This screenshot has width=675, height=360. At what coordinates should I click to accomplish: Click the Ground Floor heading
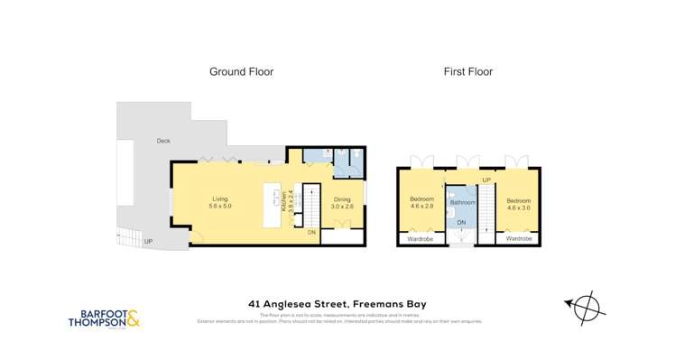coord(241,71)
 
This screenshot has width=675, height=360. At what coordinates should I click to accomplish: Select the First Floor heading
coord(467,71)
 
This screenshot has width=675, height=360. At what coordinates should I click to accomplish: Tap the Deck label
coord(162,141)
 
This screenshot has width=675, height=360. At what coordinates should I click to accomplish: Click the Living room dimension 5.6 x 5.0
coord(221,207)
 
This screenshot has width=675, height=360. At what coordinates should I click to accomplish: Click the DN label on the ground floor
coord(311,232)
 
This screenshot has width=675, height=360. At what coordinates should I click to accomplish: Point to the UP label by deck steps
coord(148,243)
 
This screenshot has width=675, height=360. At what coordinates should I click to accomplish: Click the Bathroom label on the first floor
coord(462,203)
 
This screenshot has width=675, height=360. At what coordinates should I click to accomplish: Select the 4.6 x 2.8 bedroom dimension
coord(422,207)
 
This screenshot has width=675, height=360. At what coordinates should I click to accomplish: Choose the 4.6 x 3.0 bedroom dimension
coord(519,207)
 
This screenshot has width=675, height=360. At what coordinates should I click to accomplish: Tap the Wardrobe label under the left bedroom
coord(421,239)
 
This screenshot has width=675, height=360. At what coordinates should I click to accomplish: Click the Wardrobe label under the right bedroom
coord(518,239)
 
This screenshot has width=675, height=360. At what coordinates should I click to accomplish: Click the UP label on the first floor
coord(485,180)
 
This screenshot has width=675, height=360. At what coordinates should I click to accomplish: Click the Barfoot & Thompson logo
coord(106,318)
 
